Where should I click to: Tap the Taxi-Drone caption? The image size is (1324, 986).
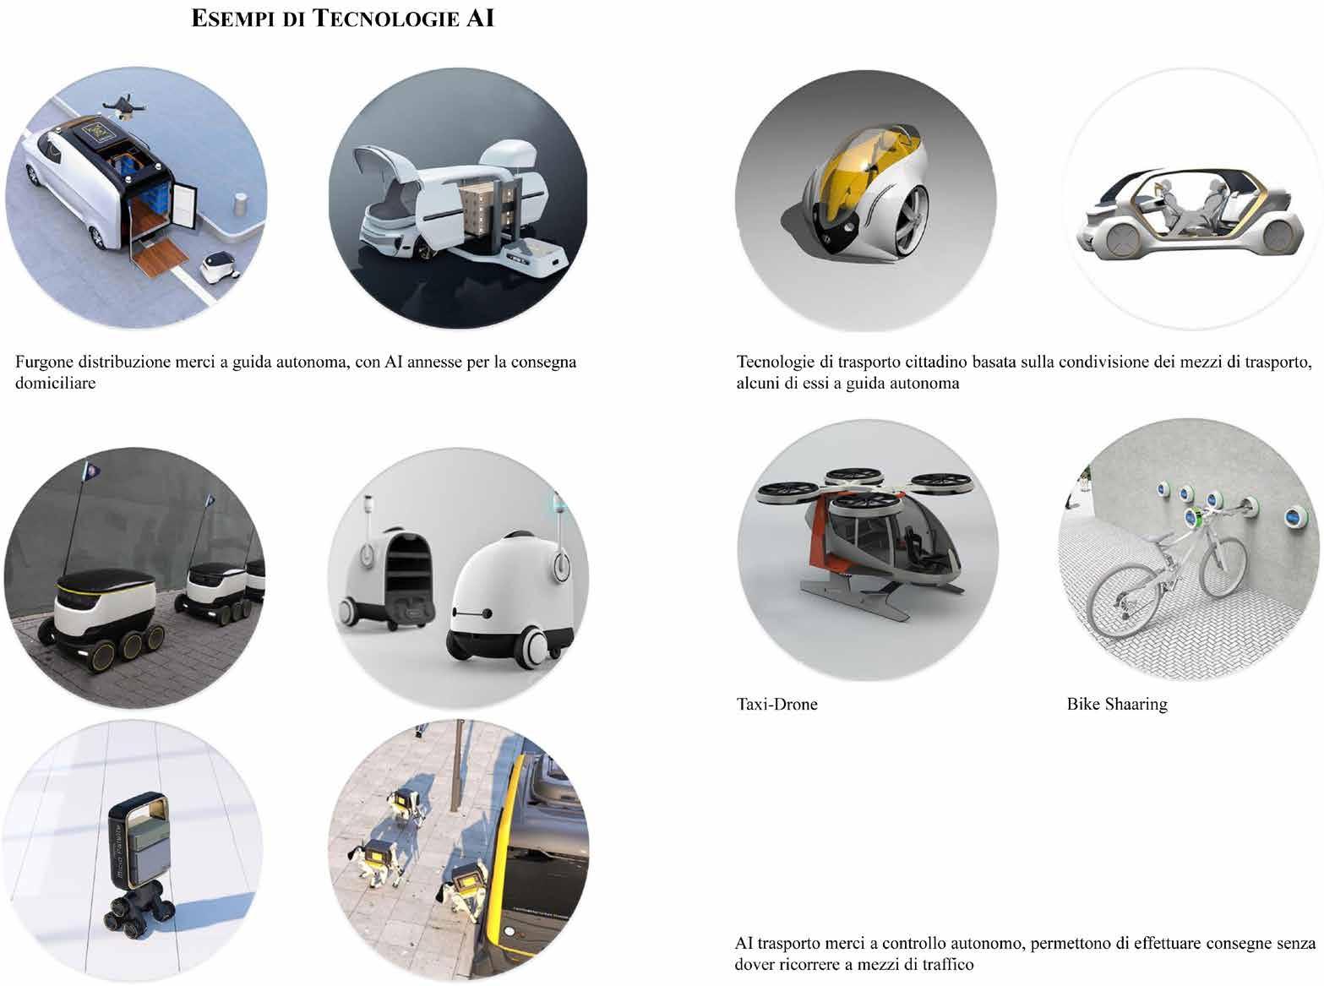coord(776,705)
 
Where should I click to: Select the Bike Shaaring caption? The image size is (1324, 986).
coord(1117,705)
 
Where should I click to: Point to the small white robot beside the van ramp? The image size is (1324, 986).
coord(220,267)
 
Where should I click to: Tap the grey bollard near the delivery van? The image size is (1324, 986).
coord(241,204)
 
